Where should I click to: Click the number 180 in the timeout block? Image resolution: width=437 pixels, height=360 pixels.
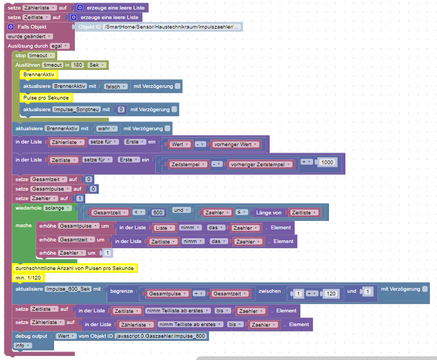click(x=78, y=65)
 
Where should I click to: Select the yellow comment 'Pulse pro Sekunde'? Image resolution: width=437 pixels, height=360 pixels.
click(x=47, y=98)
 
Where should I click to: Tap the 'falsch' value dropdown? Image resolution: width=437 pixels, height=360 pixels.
click(x=115, y=86)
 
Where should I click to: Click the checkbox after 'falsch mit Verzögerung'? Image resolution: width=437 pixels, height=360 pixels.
click(x=177, y=86)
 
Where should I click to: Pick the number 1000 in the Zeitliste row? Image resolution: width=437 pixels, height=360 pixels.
click(x=327, y=162)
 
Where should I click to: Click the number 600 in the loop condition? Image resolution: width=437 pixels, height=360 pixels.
click(x=157, y=212)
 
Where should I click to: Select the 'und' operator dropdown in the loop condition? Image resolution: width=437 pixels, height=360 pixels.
click(x=180, y=210)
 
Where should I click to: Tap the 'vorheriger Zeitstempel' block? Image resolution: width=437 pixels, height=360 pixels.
click(x=260, y=165)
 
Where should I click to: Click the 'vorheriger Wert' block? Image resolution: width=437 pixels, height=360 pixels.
click(x=235, y=144)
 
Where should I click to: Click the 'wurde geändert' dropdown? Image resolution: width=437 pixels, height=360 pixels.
click(x=30, y=36)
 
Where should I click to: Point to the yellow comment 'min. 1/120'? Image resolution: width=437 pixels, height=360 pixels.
click(x=29, y=277)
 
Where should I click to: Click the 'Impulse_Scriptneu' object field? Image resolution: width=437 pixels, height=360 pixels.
click(x=76, y=109)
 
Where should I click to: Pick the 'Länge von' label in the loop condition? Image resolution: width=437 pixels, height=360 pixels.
click(x=270, y=212)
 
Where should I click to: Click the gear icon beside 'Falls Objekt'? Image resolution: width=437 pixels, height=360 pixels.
click(x=11, y=26)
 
